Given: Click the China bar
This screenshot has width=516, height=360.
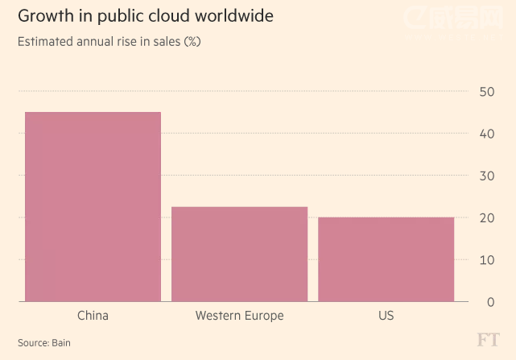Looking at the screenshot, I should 93,207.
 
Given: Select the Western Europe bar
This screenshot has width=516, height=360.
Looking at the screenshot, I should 239,254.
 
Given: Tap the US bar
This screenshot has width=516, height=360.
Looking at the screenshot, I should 386,259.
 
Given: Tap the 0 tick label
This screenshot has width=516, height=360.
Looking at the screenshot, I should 489,302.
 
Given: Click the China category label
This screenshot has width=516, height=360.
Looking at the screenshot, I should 93,316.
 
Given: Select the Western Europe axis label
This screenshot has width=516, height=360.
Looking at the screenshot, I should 239,316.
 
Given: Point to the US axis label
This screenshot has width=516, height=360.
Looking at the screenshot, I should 386,316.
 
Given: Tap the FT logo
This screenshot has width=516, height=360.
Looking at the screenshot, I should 487,340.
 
